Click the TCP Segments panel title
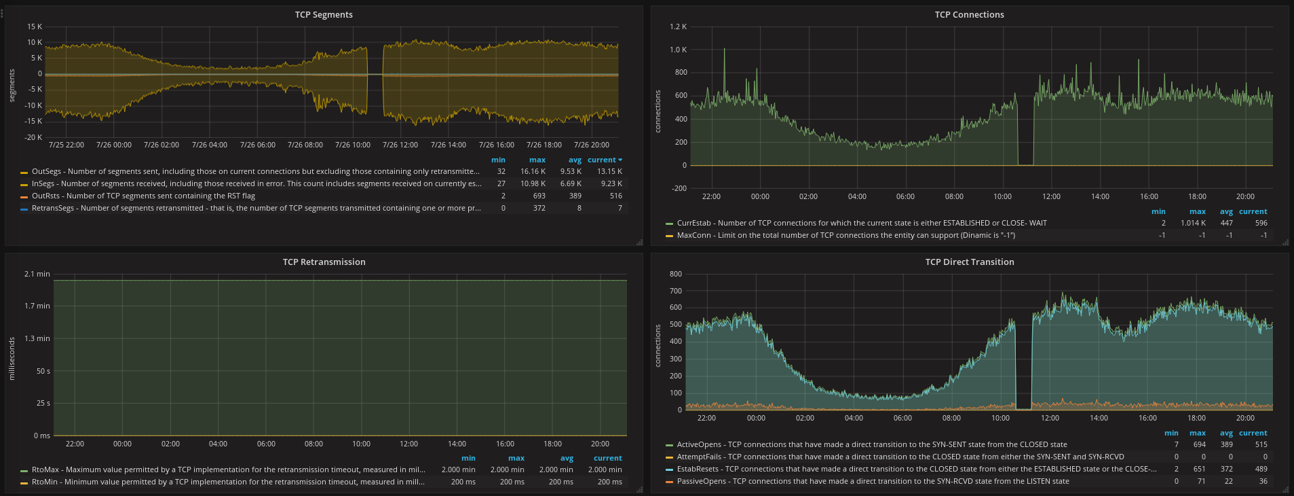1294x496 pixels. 324,15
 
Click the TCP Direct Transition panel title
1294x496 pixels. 970,262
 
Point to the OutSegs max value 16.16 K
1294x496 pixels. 533,172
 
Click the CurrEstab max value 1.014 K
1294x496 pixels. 1193,224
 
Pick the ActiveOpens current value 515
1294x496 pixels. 1261,445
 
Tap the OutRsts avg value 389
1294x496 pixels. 575,196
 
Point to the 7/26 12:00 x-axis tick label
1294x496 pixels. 400,145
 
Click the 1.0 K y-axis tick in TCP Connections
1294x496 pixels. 678,50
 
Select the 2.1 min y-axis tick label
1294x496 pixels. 37,274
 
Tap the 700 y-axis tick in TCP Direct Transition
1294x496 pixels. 676,291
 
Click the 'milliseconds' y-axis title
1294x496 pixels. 12,358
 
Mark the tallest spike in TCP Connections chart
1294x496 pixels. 724,50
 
